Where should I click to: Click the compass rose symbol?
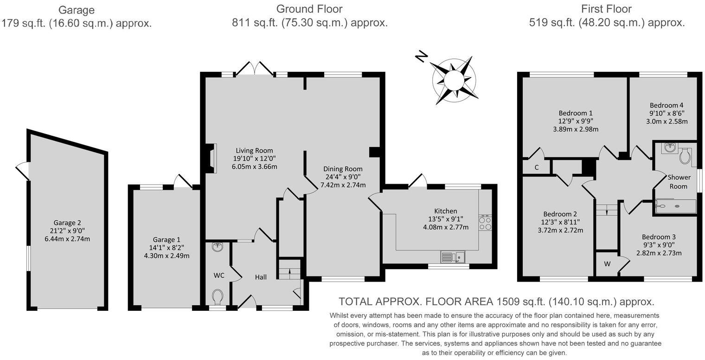pyautogui.click(x=454, y=79)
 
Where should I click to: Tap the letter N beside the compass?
pyautogui.click(x=421, y=57)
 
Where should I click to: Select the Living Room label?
pyautogui.click(x=254, y=150)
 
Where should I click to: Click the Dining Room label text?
pyautogui.click(x=343, y=169)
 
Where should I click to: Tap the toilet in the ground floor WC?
pyautogui.click(x=218, y=296)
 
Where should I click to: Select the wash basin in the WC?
pyautogui.click(x=217, y=246)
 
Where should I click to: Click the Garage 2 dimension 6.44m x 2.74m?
pyautogui.click(x=70, y=239)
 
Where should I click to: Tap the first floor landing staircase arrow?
pyautogui.click(x=607, y=210)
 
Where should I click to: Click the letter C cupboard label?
pyautogui.click(x=537, y=167)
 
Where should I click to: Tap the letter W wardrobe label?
pyautogui.click(x=607, y=264)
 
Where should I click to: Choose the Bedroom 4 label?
pyautogui.click(x=666, y=105)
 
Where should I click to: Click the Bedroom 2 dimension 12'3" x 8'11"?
pyautogui.click(x=560, y=222)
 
